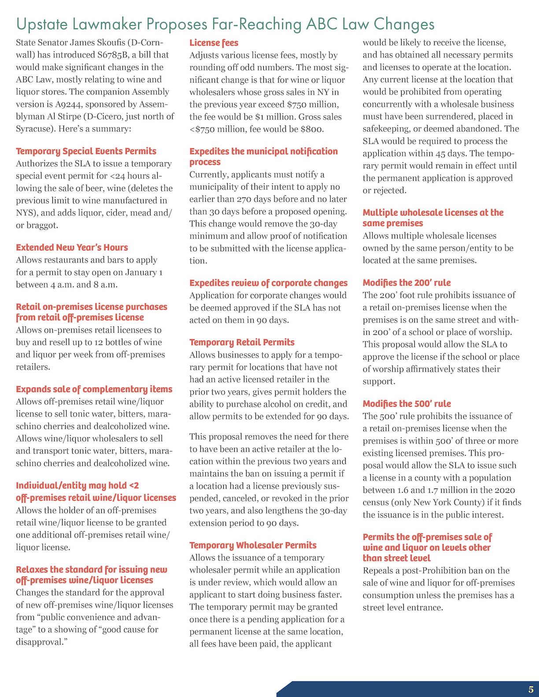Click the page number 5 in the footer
pyautogui.click(x=531, y=690)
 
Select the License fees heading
pyautogui.click(x=214, y=43)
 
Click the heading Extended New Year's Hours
pyautogui.click(x=72, y=247)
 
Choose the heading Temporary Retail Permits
pyautogui.click(x=242, y=342)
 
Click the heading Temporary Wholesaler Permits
pyautogui.click(x=253, y=545)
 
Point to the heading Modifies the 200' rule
pyautogui.click(x=406, y=282)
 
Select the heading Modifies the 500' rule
pyautogui.click(x=406, y=404)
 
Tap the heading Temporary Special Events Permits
pyautogui.click(x=86, y=151)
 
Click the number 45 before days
pyautogui.click(x=440, y=154)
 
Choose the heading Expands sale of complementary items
pyautogui.click(x=94, y=389)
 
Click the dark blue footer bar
pyautogui.click(x=396, y=690)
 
